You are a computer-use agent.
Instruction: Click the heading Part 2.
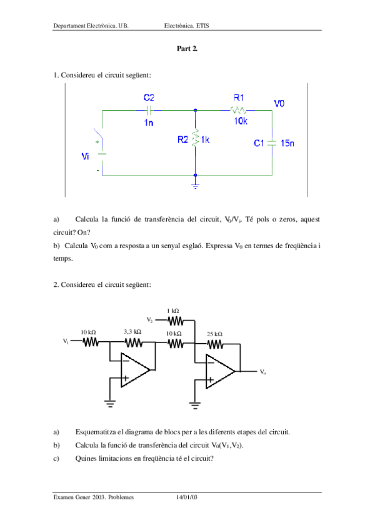pyautogui.click(x=187, y=48)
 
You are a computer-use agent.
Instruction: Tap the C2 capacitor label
pyautogui.click(x=149, y=97)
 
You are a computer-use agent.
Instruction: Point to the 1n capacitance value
pyautogui.click(x=148, y=122)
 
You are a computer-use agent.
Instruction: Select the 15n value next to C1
pyautogui.click(x=287, y=143)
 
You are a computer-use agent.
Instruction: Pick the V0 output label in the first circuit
pyautogui.click(x=279, y=103)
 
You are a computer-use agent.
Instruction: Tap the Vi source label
pyautogui.click(x=86, y=156)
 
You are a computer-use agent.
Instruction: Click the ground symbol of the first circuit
pyautogui.click(x=196, y=186)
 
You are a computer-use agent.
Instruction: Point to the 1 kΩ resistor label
pyautogui.click(x=173, y=311)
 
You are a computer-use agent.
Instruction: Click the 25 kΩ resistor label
pyautogui.click(x=214, y=334)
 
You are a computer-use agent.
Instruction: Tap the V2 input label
pyautogui.click(x=150, y=320)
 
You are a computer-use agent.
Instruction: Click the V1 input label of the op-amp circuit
pyautogui.click(x=66, y=342)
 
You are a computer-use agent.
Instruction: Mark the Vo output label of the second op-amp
pyautogui.click(x=263, y=371)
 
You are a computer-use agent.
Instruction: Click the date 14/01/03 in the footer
pyautogui.click(x=187, y=497)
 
